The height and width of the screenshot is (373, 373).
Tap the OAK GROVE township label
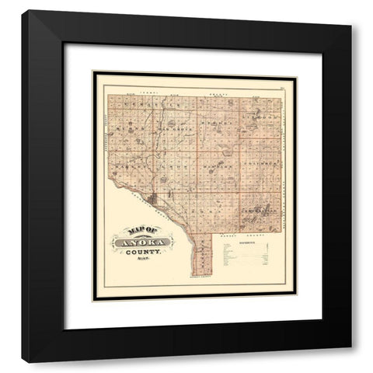(x=177, y=127)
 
